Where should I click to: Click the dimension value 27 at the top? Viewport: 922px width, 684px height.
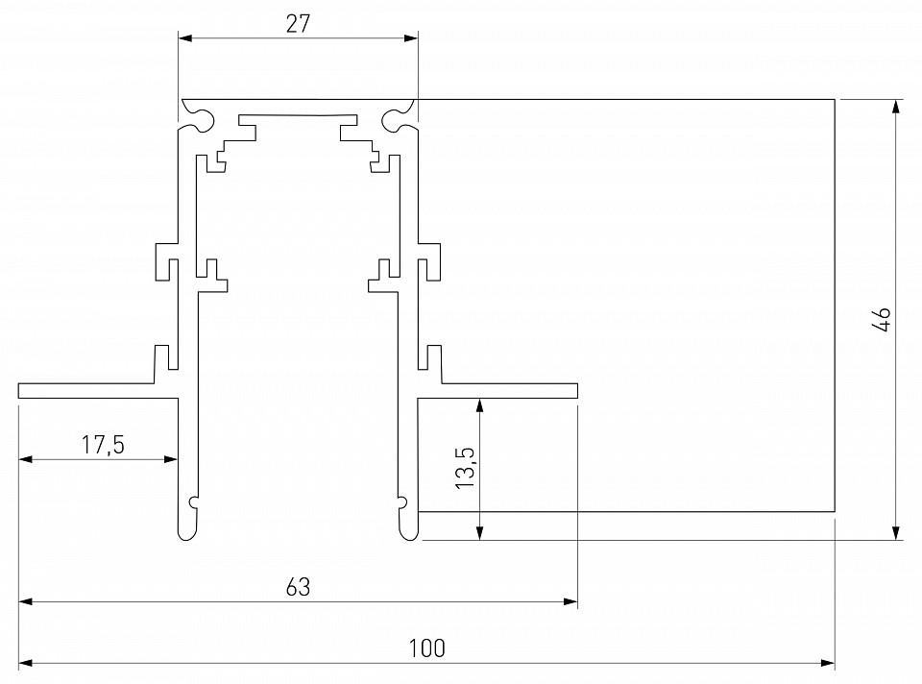[298, 24]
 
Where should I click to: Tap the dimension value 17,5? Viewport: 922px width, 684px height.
[103, 444]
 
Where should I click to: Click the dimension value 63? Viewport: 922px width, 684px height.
[298, 587]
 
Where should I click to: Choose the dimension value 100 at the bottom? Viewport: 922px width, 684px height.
[426, 648]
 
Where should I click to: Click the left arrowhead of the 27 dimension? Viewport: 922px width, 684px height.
[186, 38]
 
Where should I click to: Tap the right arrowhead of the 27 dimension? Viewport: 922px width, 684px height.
[411, 38]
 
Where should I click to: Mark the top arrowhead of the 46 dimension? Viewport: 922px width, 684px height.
[896, 107]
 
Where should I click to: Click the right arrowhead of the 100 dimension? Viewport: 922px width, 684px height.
[827, 663]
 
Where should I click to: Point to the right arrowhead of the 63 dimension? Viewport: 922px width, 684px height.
[570, 602]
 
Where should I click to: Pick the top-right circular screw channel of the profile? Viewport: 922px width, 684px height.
[395, 120]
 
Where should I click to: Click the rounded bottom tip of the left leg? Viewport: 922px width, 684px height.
[187, 534]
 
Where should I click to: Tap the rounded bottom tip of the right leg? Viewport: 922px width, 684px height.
[408, 534]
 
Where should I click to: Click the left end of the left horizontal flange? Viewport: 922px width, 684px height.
[21, 390]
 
